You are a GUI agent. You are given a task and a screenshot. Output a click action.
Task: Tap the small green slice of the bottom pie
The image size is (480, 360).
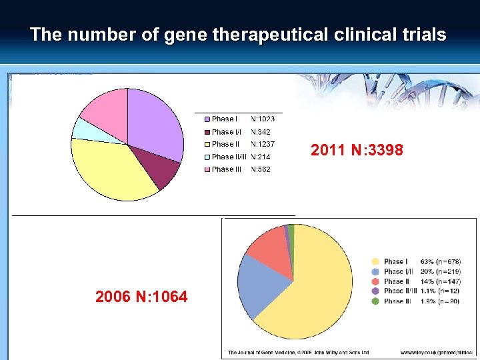tap(291, 232)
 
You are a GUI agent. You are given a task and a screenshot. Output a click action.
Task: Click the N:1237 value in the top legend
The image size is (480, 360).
tap(263, 144)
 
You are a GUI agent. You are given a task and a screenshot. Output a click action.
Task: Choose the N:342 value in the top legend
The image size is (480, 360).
tap(261, 132)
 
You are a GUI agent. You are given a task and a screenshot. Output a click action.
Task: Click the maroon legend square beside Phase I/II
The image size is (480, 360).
tap(207, 132)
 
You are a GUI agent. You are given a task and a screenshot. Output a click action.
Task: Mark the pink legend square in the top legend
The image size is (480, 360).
tap(207, 169)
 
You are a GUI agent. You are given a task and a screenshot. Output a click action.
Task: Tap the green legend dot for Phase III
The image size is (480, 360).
tap(376, 301)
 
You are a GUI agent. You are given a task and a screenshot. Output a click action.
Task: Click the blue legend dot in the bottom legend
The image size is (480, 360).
tap(376, 271)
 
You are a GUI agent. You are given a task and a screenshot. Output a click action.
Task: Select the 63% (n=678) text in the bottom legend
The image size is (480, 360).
tap(441, 262)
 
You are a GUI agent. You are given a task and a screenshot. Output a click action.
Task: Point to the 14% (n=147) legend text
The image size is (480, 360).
tap(441, 281)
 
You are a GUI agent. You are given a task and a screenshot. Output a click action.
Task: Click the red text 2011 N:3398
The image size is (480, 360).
tap(357, 151)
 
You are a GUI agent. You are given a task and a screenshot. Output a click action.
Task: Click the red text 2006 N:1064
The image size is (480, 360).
tap(141, 297)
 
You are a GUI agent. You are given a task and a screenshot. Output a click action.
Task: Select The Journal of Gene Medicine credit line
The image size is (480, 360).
tap(298, 352)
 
